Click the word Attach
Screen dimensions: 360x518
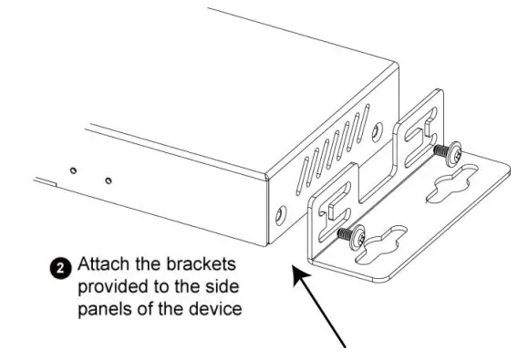100,267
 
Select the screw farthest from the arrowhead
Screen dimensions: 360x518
447,149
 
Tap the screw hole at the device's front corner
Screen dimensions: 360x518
280,213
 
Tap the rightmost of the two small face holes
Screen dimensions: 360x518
109,180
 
